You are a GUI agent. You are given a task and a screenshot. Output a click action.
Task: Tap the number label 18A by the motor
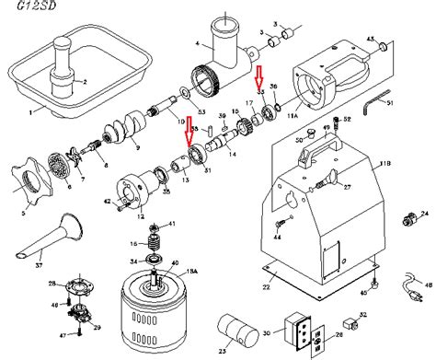point(192,274)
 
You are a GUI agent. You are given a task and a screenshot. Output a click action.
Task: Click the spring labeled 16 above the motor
point(154,245)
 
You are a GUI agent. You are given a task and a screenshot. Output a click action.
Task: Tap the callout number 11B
point(380,164)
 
